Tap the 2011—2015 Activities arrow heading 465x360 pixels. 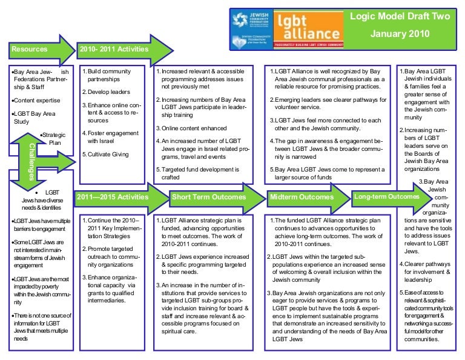tap(112, 197)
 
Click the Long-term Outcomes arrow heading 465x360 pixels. tap(387, 197)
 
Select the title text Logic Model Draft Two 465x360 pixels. tap(400, 16)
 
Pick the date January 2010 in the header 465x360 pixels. tap(400, 34)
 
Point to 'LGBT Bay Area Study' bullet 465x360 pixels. tap(36, 118)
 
